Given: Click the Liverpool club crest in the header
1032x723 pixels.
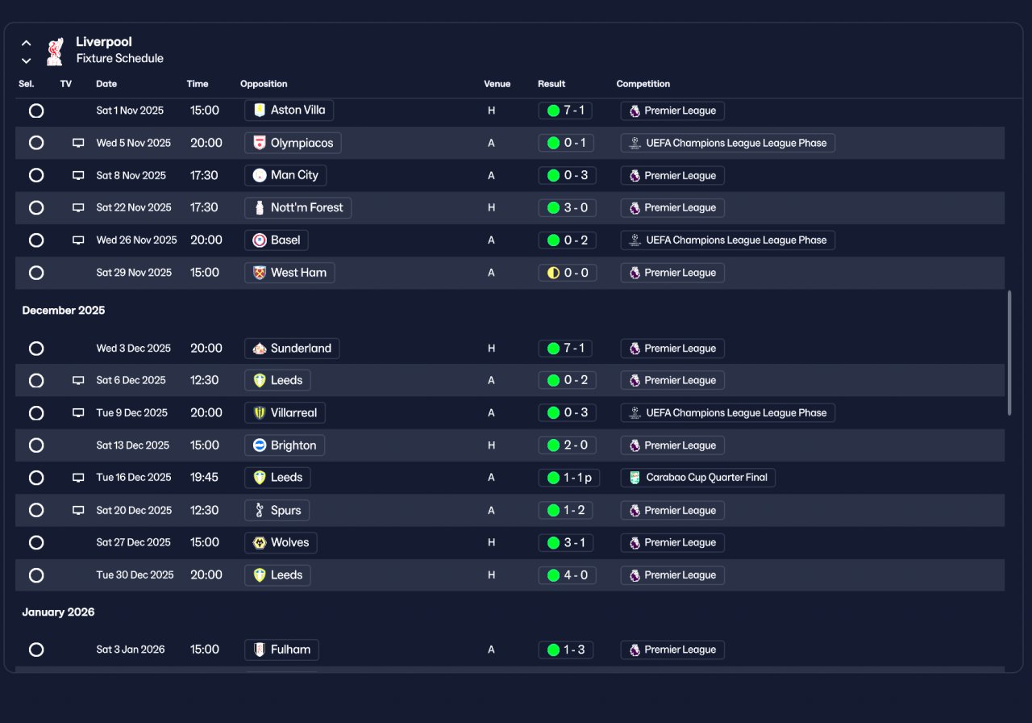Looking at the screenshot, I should point(55,51).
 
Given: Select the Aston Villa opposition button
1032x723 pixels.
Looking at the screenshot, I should point(289,111).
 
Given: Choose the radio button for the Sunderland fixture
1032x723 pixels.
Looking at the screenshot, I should point(36,349).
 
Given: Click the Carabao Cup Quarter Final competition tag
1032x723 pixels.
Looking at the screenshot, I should point(697,478).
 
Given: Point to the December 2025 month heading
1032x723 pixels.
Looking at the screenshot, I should point(64,311).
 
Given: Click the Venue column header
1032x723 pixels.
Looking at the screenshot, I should point(497,84).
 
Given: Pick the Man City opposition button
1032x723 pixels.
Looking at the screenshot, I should point(285,175).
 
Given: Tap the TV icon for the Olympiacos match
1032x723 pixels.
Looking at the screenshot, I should point(78,143).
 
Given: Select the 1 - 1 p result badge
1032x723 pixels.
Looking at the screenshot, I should point(568,478).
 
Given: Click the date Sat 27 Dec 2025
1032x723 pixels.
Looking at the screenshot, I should point(133,542).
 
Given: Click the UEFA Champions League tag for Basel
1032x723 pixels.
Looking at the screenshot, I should point(727,240).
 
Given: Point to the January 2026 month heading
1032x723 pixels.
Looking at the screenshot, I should point(58,612).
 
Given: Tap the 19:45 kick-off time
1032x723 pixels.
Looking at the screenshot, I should point(204,478).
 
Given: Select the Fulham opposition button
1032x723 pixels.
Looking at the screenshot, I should point(281,650).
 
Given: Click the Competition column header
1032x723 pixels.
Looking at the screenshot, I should point(643,84).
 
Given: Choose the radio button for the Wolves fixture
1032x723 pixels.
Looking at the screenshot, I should point(36,542).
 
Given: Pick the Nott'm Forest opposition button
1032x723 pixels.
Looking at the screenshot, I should point(298,207).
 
